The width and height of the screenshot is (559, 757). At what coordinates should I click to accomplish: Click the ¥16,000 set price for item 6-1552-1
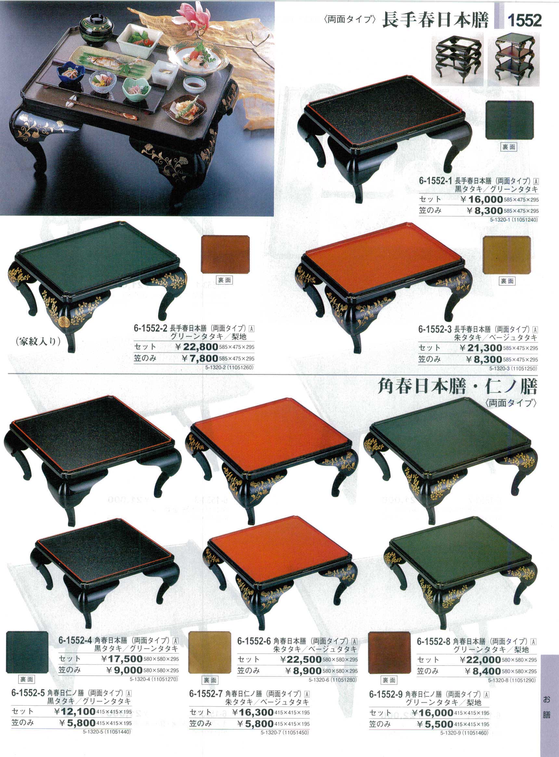pos(482,199)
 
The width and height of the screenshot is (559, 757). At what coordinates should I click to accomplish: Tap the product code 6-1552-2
pos(150,328)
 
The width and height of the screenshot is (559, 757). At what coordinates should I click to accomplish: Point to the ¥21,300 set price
pos(481,348)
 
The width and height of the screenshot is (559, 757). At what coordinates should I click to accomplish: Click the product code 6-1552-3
pos(435,329)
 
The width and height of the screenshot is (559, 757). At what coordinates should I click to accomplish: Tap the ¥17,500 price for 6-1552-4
pos(122,658)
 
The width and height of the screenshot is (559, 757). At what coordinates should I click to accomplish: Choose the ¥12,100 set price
pos(75,711)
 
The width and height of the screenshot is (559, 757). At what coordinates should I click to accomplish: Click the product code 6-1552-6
pos(254,641)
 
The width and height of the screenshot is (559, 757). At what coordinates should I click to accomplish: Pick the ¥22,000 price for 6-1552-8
pos(480,659)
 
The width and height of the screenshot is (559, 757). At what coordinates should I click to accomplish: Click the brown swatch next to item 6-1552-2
pos(225,254)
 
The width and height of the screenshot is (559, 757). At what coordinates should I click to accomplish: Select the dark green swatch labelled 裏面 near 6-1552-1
pos(510,120)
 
